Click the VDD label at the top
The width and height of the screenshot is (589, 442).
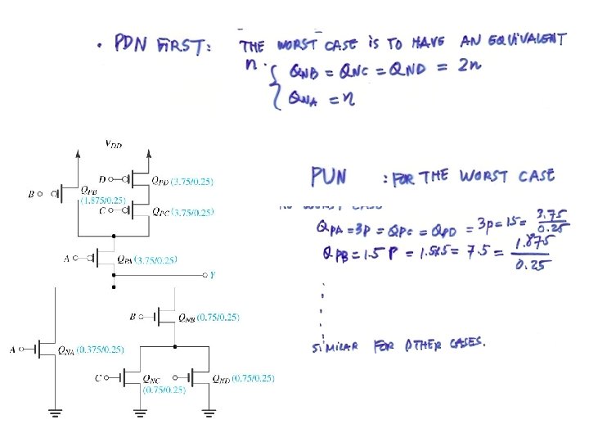115,144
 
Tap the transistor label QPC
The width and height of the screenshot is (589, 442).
160,211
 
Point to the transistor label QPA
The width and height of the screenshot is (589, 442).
125,259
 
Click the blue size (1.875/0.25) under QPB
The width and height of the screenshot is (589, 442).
103,200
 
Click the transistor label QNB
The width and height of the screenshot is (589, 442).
187,316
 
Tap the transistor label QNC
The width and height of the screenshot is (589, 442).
152,379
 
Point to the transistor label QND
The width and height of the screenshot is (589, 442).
221,379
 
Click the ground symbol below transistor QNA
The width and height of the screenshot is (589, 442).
55,413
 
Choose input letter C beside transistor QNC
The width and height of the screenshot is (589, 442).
98,377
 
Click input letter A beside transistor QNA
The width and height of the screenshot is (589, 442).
12,350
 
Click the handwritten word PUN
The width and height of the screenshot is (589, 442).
329,176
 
